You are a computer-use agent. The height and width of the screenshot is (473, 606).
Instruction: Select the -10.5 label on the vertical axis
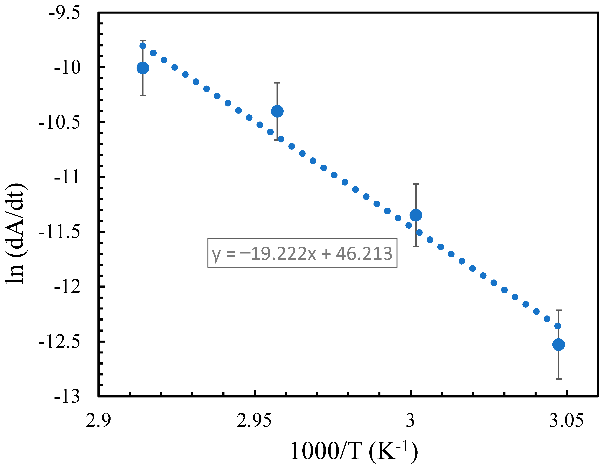(x=59, y=122)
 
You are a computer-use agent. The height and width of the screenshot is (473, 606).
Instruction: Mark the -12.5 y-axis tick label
(x=59, y=341)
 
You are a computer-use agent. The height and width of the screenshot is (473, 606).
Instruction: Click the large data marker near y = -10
(x=143, y=68)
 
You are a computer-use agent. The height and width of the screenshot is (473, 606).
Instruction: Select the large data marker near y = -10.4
(x=277, y=111)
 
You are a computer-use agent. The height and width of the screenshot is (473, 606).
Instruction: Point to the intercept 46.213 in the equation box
(x=364, y=253)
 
